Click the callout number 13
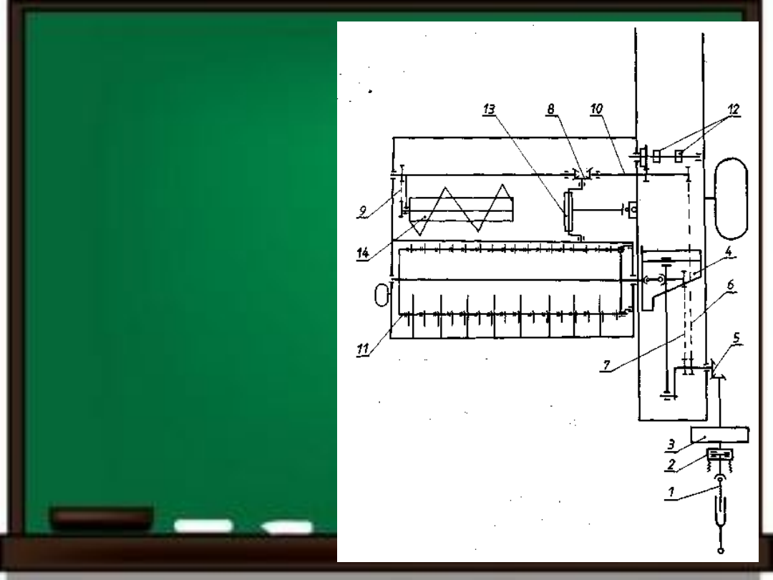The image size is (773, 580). click(489, 110)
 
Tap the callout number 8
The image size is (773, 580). click(551, 110)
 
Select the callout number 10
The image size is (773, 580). click(596, 109)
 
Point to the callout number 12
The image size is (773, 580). click(734, 110)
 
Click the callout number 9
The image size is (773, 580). click(363, 211)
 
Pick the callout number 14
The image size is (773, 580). click(363, 253)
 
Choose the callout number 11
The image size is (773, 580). click(363, 349)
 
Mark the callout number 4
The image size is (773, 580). click(729, 251)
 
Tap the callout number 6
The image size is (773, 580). click(731, 285)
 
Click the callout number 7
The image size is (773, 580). click(606, 365)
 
